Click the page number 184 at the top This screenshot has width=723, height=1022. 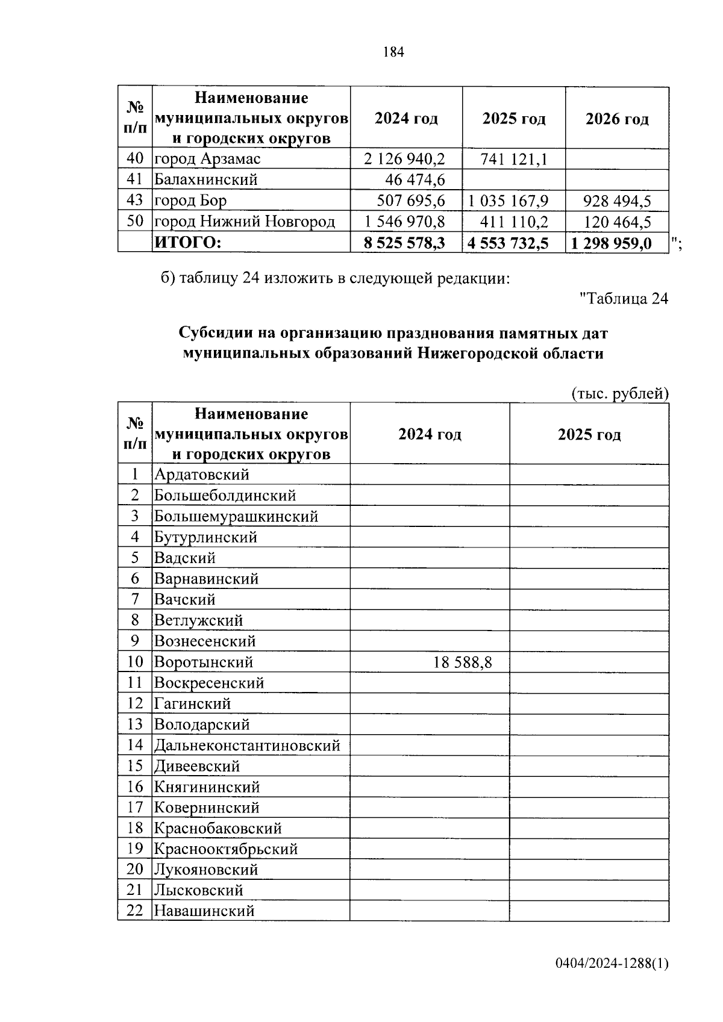[x=393, y=52]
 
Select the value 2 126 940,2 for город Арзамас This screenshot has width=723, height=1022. [x=404, y=159]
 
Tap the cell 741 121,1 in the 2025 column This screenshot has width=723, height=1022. [x=514, y=159]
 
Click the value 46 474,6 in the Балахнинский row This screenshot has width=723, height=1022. [x=415, y=179]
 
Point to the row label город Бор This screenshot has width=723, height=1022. [x=190, y=201]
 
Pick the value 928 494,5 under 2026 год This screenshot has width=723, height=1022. [x=617, y=201]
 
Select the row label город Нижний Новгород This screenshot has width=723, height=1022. [x=244, y=222]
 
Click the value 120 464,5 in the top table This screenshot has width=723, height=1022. [x=617, y=222]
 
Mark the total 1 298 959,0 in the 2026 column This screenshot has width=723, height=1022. [x=610, y=243]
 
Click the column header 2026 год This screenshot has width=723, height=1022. [x=617, y=119]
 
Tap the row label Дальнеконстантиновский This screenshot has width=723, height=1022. [x=247, y=746]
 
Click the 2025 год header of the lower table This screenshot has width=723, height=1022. [x=589, y=434]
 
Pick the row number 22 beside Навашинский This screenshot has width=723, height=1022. [x=134, y=911]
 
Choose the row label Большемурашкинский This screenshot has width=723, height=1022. [x=236, y=516]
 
